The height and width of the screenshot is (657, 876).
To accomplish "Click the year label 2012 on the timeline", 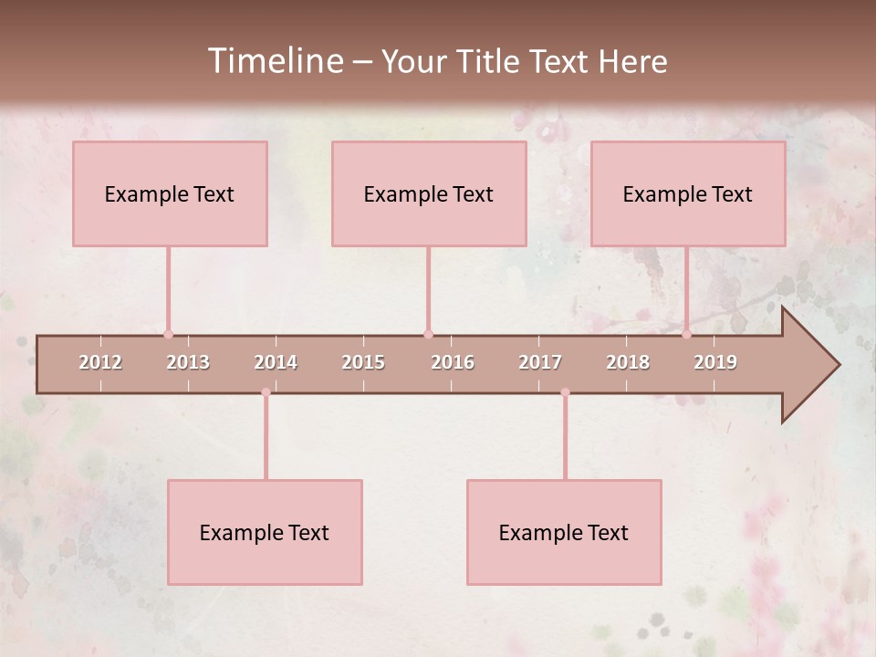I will tap(100, 362).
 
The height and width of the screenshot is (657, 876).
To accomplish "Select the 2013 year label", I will tap(188, 362).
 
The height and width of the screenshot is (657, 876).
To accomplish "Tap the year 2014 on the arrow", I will tap(276, 362).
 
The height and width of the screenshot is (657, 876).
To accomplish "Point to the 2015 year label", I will tap(363, 362).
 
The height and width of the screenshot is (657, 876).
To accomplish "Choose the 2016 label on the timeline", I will tap(453, 362).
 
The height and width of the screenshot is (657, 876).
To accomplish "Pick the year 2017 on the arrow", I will tap(540, 362).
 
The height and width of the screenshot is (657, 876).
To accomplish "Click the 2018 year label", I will tap(628, 362).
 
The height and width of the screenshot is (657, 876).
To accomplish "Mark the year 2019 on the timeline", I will tap(715, 362).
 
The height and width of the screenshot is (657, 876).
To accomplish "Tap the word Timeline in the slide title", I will tap(274, 61).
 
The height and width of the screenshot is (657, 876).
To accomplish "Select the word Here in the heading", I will tap(632, 61).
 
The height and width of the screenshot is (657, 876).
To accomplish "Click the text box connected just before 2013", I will tap(170, 193).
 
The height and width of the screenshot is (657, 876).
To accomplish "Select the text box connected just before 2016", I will tap(429, 193).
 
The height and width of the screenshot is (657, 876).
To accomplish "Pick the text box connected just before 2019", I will tap(688, 193).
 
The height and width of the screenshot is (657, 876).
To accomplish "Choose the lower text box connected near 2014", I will tap(265, 532).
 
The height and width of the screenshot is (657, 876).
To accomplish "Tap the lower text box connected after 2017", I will tap(564, 532).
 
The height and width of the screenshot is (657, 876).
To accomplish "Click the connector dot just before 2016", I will tap(428, 334).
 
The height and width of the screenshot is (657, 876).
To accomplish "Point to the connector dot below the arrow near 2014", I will tap(266, 392).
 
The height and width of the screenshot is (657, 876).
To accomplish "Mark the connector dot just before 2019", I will tap(686, 334).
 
